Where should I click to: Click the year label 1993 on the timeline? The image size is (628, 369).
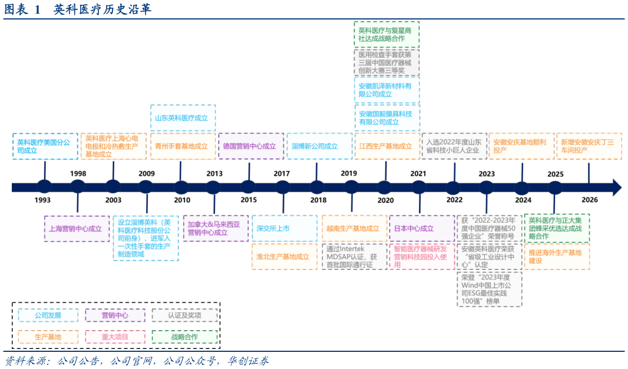(x=42, y=200)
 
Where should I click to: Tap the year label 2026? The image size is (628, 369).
(x=590, y=199)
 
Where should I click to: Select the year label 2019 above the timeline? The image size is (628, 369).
(x=349, y=173)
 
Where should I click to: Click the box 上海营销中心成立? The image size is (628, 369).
(x=77, y=229)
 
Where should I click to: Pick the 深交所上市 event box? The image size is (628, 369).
(x=284, y=228)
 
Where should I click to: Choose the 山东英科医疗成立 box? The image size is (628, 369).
(x=183, y=118)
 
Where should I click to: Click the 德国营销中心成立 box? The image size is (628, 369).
(x=251, y=146)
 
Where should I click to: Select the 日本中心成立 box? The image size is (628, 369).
(x=422, y=228)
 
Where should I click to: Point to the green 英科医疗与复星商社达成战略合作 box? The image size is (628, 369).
(x=386, y=34)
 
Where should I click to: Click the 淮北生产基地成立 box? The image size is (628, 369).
(x=284, y=256)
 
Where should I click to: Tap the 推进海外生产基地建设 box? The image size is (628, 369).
(x=557, y=256)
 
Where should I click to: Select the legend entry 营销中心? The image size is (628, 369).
(x=115, y=315)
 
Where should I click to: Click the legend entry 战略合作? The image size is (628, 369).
(x=184, y=337)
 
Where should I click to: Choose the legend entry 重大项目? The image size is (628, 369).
(x=115, y=337)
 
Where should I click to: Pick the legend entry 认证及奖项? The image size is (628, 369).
(x=184, y=315)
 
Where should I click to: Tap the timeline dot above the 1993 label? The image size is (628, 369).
(x=44, y=187)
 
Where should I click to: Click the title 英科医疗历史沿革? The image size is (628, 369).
(x=103, y=9)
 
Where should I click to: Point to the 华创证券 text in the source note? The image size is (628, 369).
(x=249, y=361)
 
